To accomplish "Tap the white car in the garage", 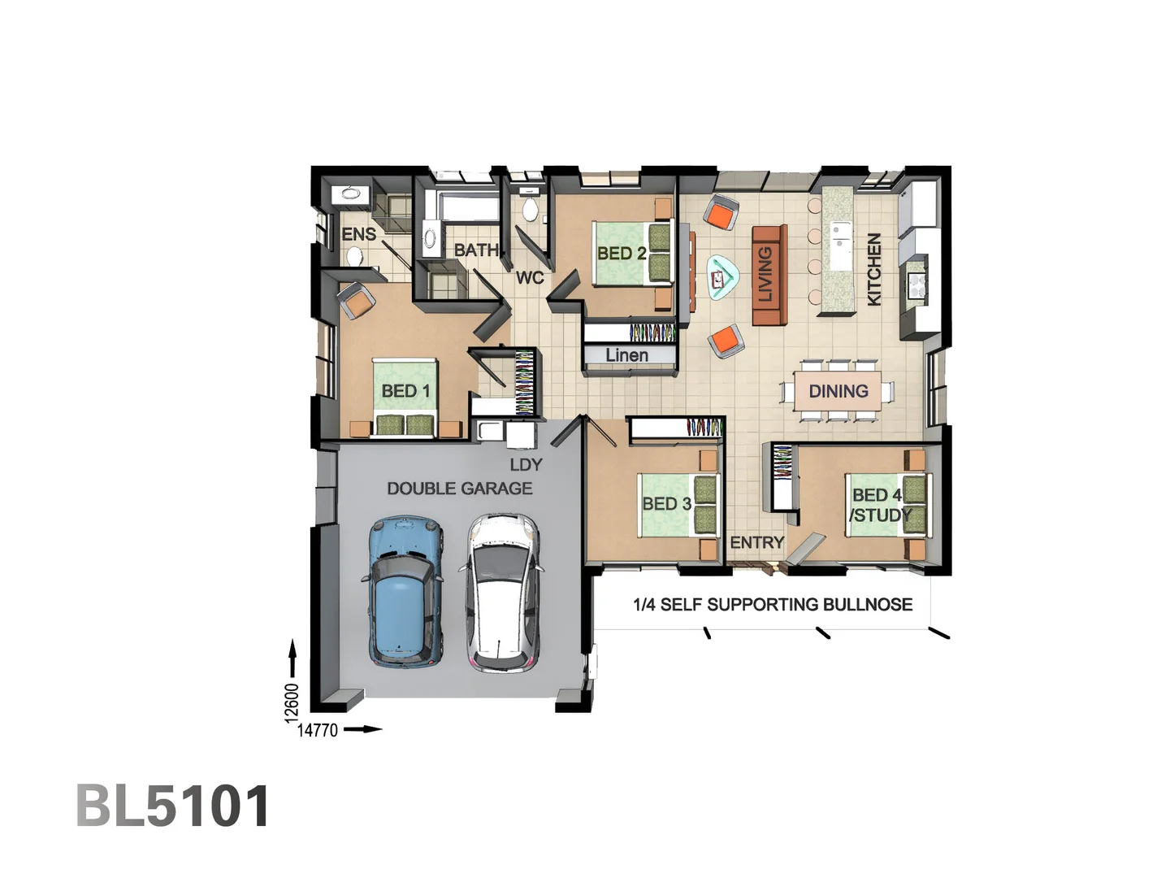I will point(502,593).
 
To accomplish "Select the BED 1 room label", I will point(405,391).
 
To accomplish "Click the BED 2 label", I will point(622,253).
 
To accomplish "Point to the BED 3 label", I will point(666,504).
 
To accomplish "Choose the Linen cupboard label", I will point(626,355).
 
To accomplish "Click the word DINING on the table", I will point(838,391).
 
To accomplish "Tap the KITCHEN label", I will point(874,269).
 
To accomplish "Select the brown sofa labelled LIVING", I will point(768,275).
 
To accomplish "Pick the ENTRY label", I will point(756,542).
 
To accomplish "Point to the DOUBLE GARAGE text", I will point(460,489).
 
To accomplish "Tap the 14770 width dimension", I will point(318,730).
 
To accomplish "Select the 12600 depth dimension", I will point(292,702).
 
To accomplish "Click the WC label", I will point(530,278).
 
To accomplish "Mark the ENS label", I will point(358,235).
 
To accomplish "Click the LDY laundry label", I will point(526,465).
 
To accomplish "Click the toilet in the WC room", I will point(530,209).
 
